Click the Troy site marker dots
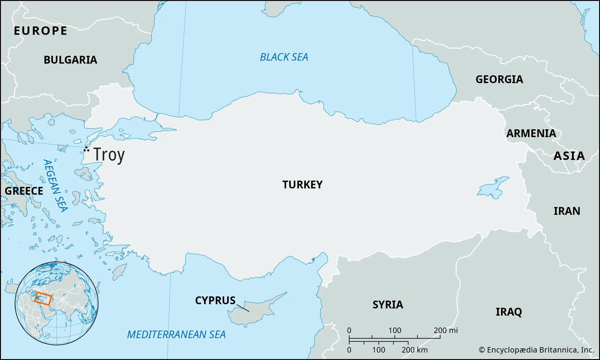[86, 149]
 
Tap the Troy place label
[109, 155]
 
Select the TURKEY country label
[302, 184]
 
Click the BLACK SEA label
[284, 57]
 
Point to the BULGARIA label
[70, 60]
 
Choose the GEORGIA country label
[499, 79]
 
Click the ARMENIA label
[531, 133]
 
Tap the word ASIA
[569, 156]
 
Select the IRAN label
[567, 211]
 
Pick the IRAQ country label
[508, 312]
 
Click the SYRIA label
[388, 305]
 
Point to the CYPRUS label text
[215, 301]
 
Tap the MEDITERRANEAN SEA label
[176, 334]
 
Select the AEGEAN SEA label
[55, 186]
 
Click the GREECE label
[24, 191]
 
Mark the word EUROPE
[40, 31]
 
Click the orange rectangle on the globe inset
[43, 298]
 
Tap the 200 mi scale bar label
[445, 330]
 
